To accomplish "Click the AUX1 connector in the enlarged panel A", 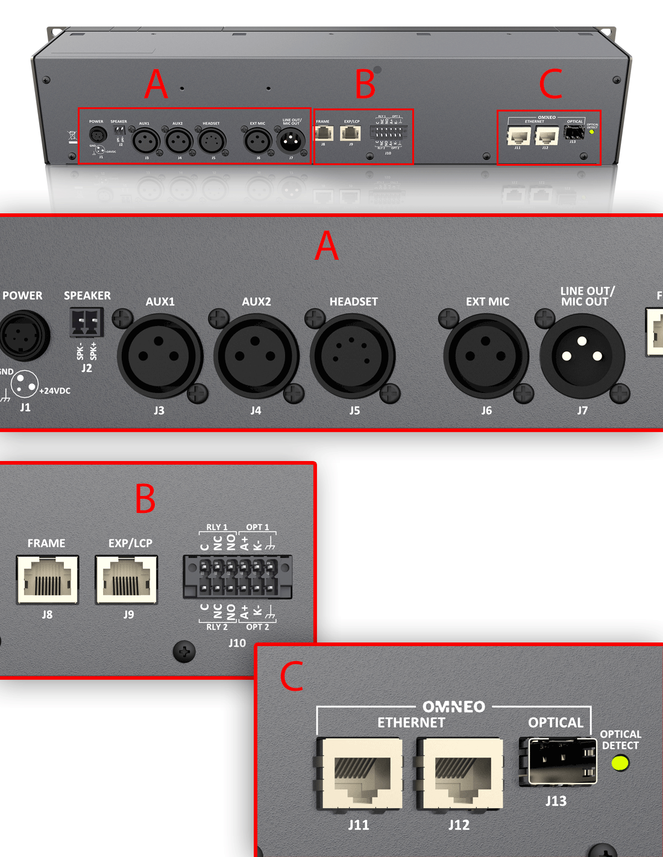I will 160,356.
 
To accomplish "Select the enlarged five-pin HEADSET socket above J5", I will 353,356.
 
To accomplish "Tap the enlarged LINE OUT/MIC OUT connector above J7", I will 582,356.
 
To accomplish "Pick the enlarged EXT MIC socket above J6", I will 486,356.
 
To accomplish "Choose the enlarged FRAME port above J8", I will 48,579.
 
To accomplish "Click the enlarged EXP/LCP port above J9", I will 127,579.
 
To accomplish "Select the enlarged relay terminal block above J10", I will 237,577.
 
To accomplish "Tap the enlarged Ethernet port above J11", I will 359,774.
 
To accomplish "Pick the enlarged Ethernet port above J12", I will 459,774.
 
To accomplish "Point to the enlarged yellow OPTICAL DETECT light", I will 620,764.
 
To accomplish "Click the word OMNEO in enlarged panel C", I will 454,706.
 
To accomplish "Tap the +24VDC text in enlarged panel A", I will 55,391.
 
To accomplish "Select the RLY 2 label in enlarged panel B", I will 217,627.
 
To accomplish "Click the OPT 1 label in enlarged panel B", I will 257,527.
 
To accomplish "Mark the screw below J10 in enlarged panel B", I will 184,651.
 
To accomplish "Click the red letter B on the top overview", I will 365,84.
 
